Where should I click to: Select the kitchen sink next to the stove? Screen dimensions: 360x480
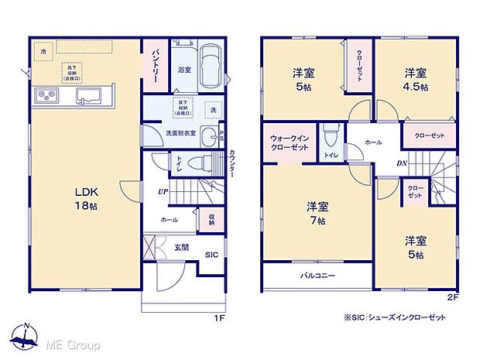coord(87,97)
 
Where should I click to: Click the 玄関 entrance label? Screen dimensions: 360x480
coord(181,247)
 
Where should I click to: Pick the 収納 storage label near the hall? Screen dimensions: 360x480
coord(211,219)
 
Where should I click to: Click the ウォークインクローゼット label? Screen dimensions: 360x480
coord(290,143)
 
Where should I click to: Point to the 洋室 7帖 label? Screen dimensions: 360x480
coord(317,213)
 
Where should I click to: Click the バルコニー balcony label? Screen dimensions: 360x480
coord(317,274)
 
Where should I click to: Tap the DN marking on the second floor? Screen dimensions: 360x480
coord(402,163)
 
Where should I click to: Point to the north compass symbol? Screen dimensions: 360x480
coord(26,335)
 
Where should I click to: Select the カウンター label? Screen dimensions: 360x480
coord(231,164)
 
